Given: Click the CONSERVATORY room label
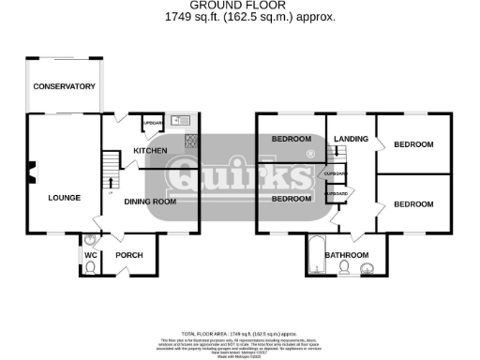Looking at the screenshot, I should pos(65,86).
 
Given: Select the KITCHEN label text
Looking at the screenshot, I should pos(150,151).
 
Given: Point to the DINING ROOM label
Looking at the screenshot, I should pos(150,201).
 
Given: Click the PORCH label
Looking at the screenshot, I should pos(127,255).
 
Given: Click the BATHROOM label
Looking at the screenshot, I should pos(346,255).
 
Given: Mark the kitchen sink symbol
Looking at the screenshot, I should pos(181,119).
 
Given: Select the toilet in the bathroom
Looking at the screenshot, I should pos(345,269).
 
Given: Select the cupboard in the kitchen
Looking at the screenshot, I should pos(152,124).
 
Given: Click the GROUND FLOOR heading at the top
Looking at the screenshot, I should pos(239,6).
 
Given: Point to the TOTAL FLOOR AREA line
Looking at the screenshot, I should pos(240,334).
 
